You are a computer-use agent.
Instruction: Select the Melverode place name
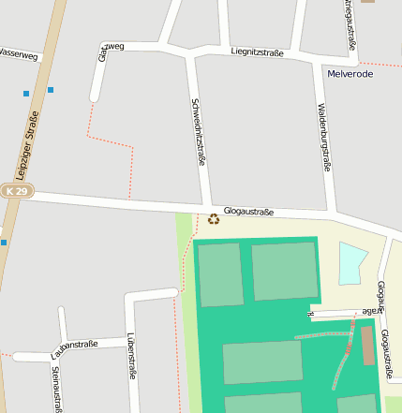coord(350,73)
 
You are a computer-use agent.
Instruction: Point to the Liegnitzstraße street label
coord(257,52)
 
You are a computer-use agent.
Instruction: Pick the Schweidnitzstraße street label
coord(198,132)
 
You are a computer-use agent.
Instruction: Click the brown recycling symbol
coord(214,219)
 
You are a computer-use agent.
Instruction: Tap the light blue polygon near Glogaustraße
coord(351,262)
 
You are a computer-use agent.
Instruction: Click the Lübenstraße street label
coord(132,356)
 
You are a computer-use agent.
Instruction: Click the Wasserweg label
coord(19,55)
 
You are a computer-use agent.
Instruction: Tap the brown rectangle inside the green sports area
coord(367,346)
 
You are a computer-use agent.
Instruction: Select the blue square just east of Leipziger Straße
coord(51,90)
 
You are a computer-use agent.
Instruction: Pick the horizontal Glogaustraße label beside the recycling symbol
coord(248,213)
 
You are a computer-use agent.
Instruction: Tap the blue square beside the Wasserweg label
coord(26,93)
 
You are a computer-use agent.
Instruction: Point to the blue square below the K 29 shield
coord(4,243)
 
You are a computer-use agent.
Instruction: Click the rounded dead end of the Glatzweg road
coord(94,97)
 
